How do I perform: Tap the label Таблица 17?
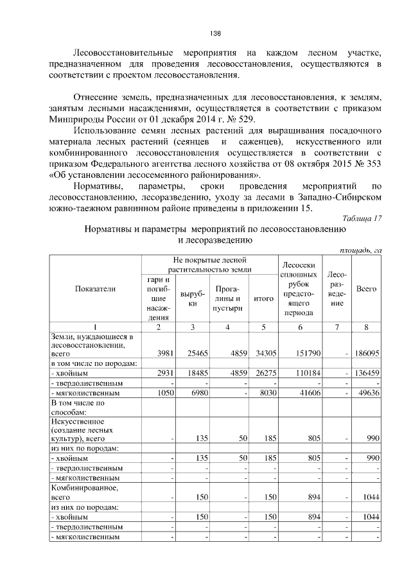point(363,218)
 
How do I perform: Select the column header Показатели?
point(95,289)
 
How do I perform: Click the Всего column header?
point(366,289)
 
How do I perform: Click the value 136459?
point(367,373)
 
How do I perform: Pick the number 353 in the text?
point(372,164)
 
